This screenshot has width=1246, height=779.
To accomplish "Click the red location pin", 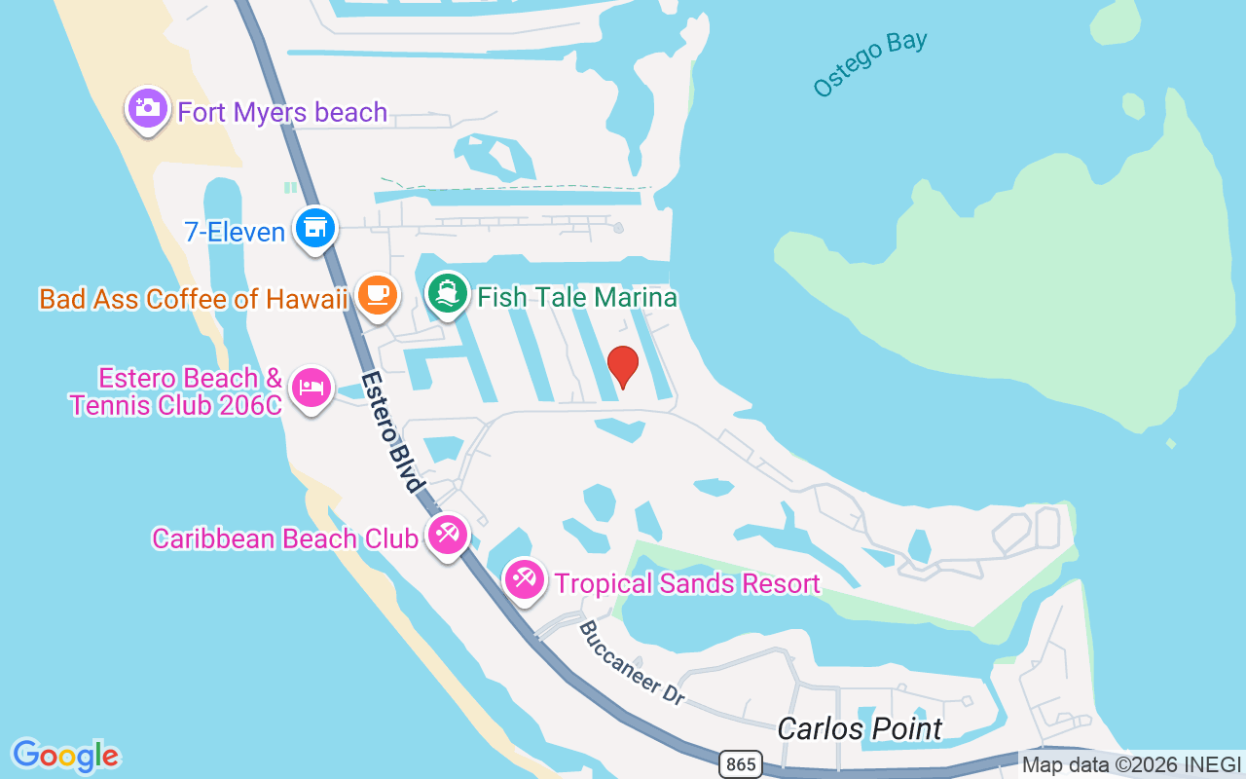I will coord(623,366).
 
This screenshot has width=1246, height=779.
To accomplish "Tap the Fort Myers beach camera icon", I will coord(148,107).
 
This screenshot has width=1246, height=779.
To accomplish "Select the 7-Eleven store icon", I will coord(314,228).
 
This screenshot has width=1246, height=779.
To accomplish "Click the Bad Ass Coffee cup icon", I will coord(377,294).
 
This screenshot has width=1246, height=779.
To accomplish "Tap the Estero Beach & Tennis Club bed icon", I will coord(311,388).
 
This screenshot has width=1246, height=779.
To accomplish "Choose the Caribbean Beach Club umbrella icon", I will coord(448,534).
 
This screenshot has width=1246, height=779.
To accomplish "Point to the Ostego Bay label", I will coord(870,64).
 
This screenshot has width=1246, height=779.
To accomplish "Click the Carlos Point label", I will coord(861,728).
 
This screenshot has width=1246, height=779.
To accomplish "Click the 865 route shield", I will coord(741,764).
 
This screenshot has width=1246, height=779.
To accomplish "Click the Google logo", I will coord(66,755).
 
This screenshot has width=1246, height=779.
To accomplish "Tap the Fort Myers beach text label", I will coord(282,112).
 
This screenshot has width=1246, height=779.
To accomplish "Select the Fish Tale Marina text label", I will coord(577,297).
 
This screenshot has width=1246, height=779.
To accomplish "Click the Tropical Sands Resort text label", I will coord(687,583).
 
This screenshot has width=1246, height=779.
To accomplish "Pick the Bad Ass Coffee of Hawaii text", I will coord(194,299).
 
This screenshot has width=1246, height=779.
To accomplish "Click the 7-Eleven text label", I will coord(235,232).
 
